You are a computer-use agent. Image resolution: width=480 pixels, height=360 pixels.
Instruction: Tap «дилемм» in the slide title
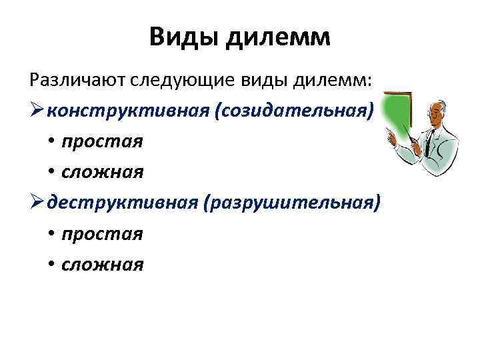click(278, 37)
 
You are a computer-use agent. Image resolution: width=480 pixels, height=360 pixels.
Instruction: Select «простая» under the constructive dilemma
click(101, 141)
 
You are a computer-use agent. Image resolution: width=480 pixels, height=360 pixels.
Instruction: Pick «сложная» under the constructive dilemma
click(102, 172)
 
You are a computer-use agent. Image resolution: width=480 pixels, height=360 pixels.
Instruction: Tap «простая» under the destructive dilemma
click(101, 234)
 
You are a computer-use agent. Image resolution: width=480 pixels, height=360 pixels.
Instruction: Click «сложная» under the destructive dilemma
click(102, 265)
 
